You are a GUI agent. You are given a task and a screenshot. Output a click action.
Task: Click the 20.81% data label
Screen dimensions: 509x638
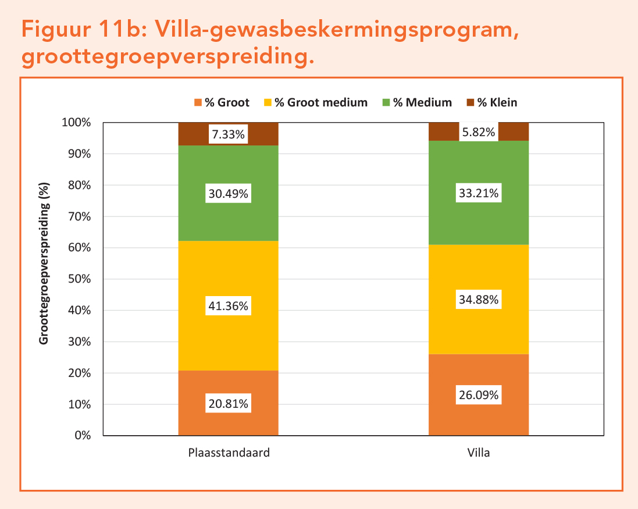click(228, 404)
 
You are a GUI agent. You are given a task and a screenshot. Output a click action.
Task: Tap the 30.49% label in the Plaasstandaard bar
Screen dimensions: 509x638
click(228, 194)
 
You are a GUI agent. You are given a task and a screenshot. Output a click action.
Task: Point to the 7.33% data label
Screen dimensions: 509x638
click(228, 135)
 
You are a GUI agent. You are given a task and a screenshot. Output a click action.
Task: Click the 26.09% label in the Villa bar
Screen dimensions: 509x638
click(478, 395)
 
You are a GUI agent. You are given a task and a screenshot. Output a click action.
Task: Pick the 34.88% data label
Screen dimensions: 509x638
click(478, 300)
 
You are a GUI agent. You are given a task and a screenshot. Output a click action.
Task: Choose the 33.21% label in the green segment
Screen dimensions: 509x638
click(478, 193)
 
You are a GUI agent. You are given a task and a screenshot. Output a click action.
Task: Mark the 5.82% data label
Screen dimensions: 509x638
click(478, 133)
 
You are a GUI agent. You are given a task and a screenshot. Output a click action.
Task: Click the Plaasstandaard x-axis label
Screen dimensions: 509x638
click(229, 453)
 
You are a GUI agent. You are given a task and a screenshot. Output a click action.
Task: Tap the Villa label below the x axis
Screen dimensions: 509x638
click(479, 453)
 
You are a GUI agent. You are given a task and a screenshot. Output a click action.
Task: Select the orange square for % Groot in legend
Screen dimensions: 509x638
click(197, 103)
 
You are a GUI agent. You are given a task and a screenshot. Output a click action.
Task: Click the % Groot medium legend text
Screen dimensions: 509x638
click(321, 103)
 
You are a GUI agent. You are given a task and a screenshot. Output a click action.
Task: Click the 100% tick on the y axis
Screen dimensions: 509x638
click(77, 123)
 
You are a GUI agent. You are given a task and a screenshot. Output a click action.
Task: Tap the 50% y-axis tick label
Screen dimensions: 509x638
click(80, 279)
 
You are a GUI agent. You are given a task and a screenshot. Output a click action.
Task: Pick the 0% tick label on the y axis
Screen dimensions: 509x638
click(83, 436)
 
